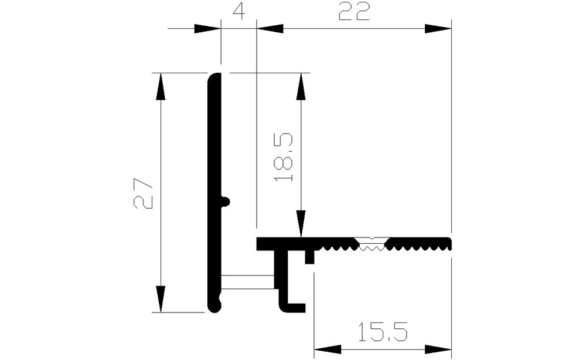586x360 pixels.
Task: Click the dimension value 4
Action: click(x=238, y=12)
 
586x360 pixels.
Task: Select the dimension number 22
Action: click(x=355, y=12)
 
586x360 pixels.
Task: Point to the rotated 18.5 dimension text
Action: click(x=283, y=158)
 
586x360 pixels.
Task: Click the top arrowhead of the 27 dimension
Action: click(x=161, y=86)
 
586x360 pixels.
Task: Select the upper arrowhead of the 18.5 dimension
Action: click(x=301, y=86)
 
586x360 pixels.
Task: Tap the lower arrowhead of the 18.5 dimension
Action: click(x=301, y=224)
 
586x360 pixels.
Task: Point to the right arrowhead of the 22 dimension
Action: click(x=438, y=28)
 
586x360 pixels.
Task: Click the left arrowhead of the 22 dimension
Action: click(x=270, y=28)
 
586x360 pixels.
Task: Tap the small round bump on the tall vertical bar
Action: click(x=226, y=201)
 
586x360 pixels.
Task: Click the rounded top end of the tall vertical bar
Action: click(x=214, y=77)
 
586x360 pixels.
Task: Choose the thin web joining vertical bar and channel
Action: click(x=247, y=282)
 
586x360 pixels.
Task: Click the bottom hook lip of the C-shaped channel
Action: click(x=296, y=306)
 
